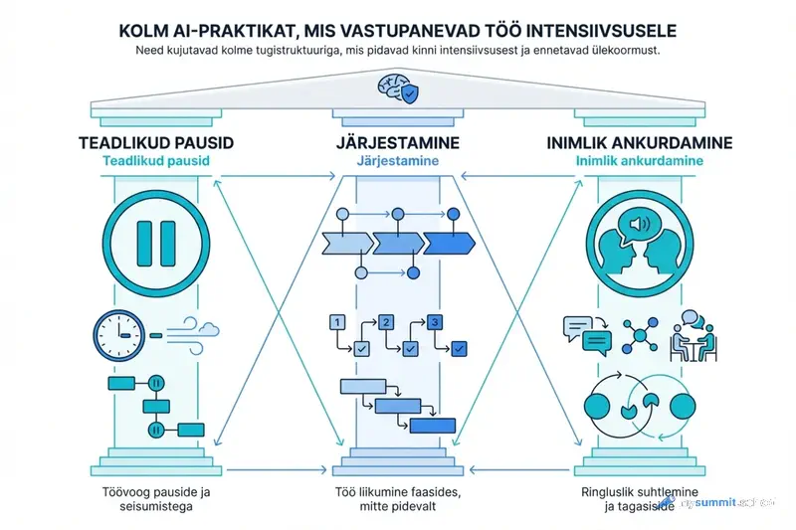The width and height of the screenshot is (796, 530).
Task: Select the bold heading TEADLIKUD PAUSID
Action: click(x=155, y=143)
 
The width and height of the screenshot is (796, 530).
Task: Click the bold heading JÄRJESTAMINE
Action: click(x=398, y=143)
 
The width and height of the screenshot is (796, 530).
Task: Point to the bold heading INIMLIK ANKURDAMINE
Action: click(x=640, y=143)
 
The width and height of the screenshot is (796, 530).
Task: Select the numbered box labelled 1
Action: click(x=336, y=322)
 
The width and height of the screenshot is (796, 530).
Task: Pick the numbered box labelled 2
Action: click(x=387, y=322)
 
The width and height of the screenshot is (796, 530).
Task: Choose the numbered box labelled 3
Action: click(x=434, y=322)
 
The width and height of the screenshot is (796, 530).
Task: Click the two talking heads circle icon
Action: click(x=640, y=244)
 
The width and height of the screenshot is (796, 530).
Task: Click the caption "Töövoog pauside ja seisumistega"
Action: click(x=155, y=498)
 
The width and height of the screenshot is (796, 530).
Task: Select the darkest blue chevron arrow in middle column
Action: click(x=449, y=242)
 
